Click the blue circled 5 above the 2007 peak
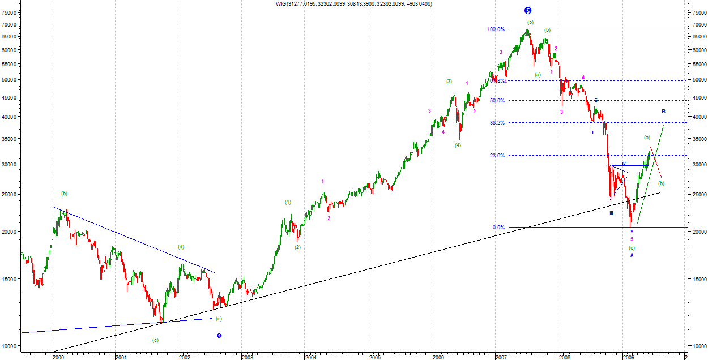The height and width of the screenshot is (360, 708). click(528, 10)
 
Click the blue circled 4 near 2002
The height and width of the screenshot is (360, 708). click(219, 336)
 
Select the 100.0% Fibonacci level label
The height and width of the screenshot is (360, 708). click(496, 29)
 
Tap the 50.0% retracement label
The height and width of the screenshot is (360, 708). click(497, 101)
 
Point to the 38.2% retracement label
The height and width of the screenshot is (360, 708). click(497, 122)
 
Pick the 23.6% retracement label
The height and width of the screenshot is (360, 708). click(497, 156)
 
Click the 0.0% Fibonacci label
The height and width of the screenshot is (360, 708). click(498, 228)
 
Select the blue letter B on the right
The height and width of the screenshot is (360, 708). click(663, 112)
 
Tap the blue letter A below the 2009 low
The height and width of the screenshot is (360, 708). click(632, 255)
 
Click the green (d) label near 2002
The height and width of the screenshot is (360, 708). click(181, 247)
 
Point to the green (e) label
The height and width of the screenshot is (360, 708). click(219, 319)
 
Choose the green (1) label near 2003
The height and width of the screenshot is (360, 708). click(288, 202)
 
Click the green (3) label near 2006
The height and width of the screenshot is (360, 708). click(449, 82)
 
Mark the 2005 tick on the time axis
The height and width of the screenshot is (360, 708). click(374, 357)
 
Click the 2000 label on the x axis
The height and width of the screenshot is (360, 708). click(58, 357)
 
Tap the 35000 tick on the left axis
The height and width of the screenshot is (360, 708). click(10, 139)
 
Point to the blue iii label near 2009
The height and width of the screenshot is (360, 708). click(612, 213)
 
